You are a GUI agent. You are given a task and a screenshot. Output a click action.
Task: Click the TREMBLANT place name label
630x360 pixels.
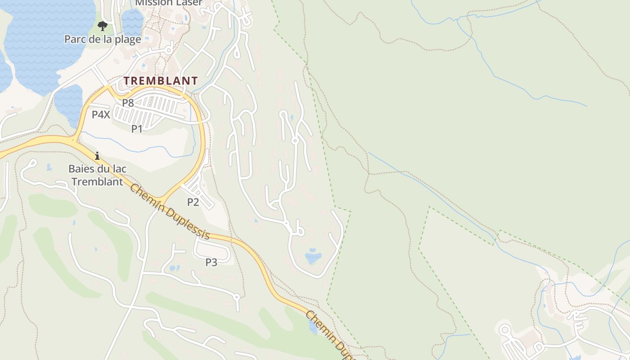(161, 81)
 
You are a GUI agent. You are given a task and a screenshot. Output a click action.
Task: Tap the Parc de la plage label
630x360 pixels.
(103, 39)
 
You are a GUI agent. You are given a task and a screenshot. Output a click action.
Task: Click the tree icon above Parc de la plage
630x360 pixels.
(103, 25)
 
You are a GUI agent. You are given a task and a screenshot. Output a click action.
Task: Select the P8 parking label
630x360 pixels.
(128, 103)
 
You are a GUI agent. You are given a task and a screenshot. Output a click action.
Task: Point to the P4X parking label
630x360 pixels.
(101, 115)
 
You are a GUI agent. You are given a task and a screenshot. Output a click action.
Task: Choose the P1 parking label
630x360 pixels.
(137, 129)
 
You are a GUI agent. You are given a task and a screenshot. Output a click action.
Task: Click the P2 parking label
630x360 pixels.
(193, 202)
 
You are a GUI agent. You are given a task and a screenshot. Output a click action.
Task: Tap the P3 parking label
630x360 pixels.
(211, 262)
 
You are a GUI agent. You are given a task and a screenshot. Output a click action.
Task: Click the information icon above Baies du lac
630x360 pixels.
(97, 156)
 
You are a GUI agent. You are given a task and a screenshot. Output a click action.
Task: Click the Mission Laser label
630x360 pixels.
(169, 3)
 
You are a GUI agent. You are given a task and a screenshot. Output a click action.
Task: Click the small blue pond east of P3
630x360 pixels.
(313, 258)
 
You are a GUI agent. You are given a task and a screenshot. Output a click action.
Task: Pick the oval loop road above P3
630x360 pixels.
(213, 249)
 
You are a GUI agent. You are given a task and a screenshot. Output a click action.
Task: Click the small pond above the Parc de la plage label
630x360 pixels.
(132, 20)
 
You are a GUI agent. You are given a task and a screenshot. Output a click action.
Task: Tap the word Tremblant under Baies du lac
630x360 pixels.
(97, 182)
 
